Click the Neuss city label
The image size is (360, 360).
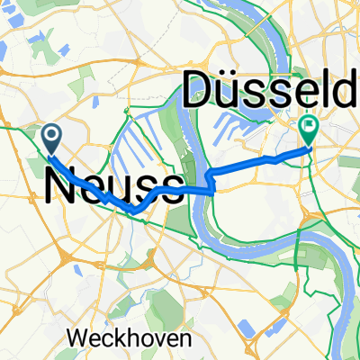(x=112, y=186)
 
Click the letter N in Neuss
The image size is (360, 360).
(x=60, y=186)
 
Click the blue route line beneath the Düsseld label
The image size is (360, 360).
(x=261, y=160)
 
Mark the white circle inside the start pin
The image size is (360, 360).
(x=51, y=136)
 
